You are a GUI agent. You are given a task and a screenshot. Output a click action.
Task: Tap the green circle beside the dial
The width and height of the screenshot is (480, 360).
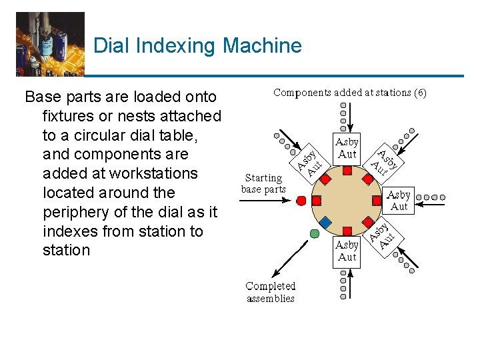click(315, 233)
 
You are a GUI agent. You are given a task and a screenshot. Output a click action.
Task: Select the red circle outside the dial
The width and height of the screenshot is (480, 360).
click(301, 200)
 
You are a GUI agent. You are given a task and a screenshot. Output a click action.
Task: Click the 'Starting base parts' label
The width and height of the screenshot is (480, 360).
click(263, 183)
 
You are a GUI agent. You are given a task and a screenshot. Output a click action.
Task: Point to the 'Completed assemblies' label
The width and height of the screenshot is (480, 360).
click(270, 292)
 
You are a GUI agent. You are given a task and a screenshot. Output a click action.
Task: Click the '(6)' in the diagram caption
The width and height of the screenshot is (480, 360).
click(419, 93)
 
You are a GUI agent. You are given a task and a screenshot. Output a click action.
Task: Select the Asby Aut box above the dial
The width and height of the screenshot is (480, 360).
click(347, 148)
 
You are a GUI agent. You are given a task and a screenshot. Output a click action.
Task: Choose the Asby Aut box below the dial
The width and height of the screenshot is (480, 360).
click(347, 251)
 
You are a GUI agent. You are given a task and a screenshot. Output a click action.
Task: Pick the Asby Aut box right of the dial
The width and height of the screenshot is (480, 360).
click(399, 201)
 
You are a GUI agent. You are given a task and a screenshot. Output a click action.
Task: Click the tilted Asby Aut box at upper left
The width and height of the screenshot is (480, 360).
click(309, 159)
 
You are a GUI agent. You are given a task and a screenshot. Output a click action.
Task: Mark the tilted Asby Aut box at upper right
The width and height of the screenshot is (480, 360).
click(385, 160)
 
